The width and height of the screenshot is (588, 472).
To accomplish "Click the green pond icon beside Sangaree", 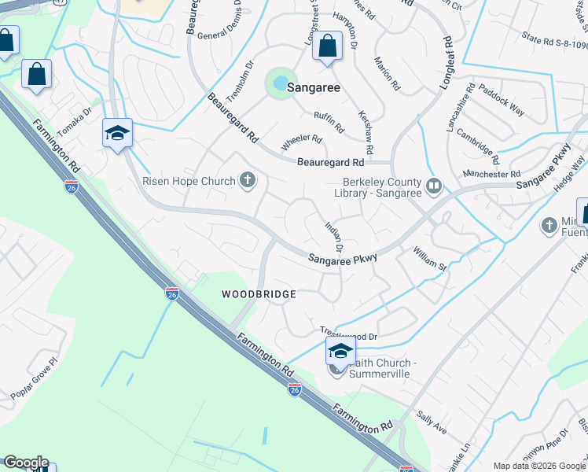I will [277, 82].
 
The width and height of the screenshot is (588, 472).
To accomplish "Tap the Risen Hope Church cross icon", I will [248, 182].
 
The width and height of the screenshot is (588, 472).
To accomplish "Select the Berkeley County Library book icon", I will [433, 186].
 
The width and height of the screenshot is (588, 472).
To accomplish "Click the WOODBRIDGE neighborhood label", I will [259, 294].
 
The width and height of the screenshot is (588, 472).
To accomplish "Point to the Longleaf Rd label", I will [449, 54].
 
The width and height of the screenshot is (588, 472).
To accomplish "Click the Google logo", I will [26, 463].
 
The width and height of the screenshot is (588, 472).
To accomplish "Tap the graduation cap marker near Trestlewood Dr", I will [340, 351].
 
